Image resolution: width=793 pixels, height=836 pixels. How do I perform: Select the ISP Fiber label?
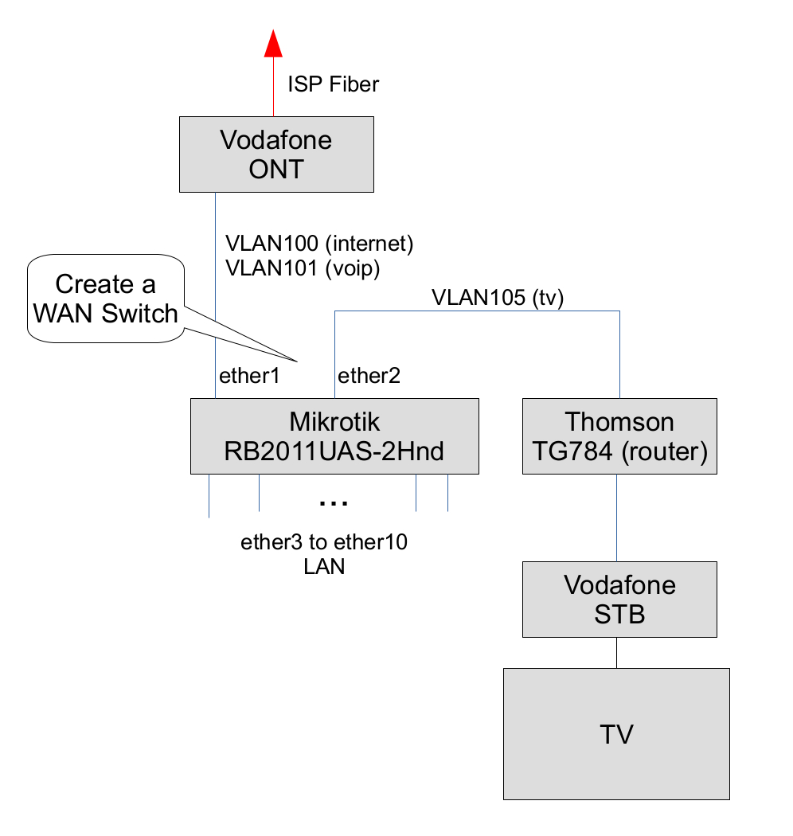pos(333,84)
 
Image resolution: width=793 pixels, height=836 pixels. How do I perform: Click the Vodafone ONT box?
pos(276,154)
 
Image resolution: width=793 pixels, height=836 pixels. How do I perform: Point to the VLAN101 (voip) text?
pos(303,269)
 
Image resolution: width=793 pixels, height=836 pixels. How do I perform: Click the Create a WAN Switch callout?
pos(105,299)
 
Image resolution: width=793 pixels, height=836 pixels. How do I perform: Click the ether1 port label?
pos(249,376)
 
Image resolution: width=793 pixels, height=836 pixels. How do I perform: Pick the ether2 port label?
pos(369,376)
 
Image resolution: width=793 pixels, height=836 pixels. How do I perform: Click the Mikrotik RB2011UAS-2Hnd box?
pos(334,436)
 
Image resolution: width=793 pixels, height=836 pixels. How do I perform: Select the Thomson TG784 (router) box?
pos(619,436)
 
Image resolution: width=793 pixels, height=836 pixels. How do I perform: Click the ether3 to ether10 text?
pos(324,543)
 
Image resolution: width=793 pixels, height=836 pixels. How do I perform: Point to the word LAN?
pos(324,567)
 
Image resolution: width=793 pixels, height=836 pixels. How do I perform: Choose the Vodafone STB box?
pos(619,599)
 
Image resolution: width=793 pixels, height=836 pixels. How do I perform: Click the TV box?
pos(616,733)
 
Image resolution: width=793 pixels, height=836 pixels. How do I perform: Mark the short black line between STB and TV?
pos(616,652)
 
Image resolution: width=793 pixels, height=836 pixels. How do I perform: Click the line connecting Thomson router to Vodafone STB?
pos(617,518)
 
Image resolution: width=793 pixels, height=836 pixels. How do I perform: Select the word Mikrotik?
pos(334,421)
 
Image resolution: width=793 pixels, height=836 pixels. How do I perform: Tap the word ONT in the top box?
pos(276,169)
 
